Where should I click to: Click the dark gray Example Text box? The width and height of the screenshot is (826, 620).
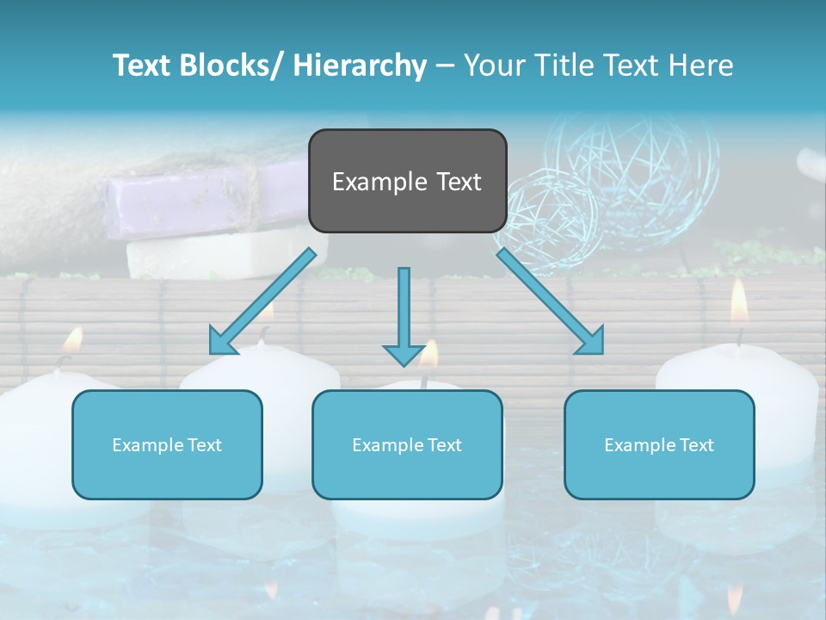click(407, 181)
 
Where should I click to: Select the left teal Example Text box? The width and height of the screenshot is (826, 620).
click(167, 444)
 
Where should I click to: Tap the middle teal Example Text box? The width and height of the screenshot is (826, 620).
click(407, 444)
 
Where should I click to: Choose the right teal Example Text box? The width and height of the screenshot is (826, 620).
click(659, 444)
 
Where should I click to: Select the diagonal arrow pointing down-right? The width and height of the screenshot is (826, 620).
click(551, 302)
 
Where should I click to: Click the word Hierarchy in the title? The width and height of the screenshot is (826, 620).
click(360, 65)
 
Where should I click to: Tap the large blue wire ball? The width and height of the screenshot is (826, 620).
click(632, 164)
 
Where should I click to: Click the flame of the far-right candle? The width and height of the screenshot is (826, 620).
click(739, 300)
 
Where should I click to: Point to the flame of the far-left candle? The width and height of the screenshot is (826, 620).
click(72, 340)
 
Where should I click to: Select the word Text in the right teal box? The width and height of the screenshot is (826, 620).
click(695, 444)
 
